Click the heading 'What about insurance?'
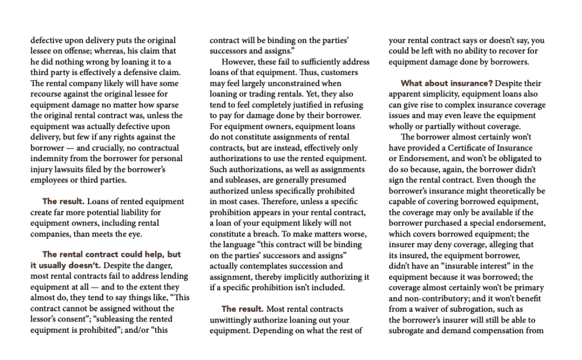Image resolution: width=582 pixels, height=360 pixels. click(446, 84)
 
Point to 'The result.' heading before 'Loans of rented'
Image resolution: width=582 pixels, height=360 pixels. click(63, 201)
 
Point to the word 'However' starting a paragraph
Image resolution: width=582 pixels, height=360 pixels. click(239, 62)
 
